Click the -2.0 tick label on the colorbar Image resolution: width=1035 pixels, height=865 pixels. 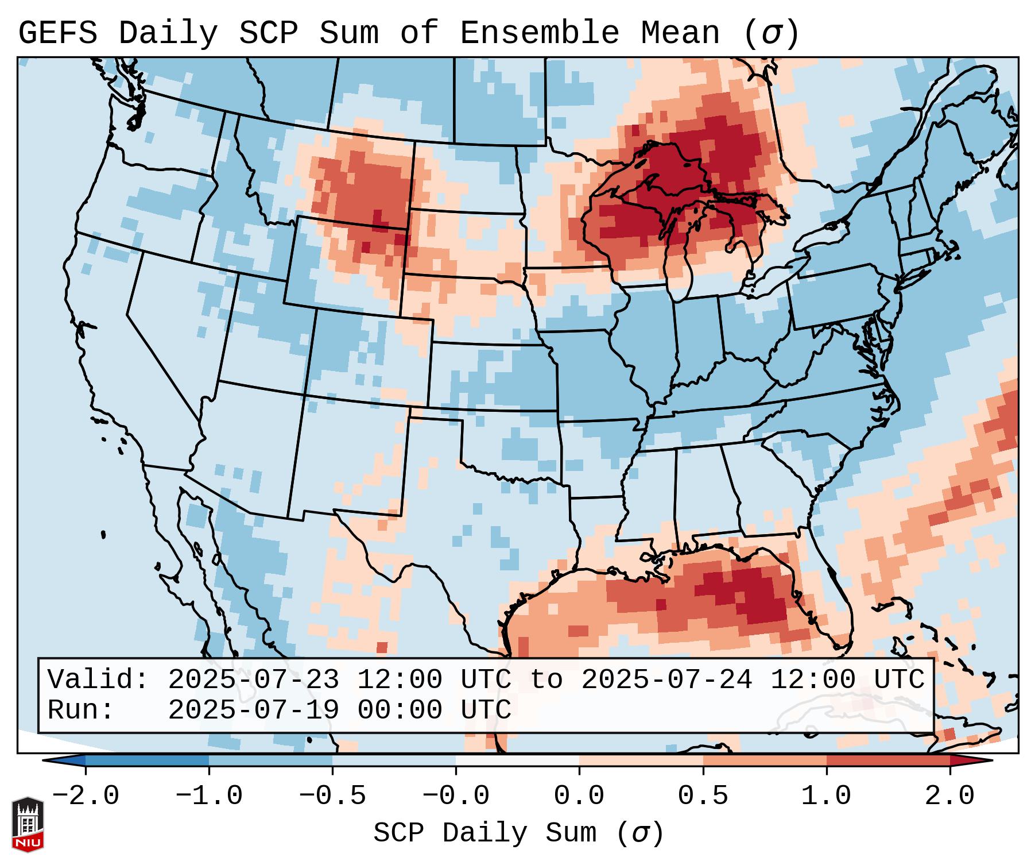86,796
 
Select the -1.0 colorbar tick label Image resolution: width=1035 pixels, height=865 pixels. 209,796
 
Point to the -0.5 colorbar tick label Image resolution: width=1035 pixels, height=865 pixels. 332,796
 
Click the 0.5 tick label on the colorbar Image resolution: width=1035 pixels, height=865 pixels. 703,796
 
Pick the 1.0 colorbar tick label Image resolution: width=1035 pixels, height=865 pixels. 826,796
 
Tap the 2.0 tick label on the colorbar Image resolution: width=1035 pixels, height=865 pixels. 949,796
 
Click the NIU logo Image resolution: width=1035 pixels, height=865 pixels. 28,824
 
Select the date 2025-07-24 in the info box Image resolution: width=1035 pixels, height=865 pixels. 666,680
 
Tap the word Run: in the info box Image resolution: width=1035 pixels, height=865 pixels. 81,710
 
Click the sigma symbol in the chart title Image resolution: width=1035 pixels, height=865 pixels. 772,34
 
